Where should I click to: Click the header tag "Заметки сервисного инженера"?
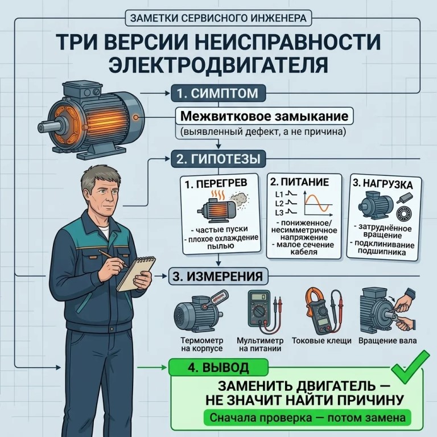218,18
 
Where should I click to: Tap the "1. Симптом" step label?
218,93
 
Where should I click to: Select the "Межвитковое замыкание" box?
264,116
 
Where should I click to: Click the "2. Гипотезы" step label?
218,159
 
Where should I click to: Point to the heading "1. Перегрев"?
216,183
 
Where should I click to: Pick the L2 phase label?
279,204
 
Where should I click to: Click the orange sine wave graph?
318,203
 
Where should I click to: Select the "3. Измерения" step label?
218,276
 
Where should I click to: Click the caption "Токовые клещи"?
321,341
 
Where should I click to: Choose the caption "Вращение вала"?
387,341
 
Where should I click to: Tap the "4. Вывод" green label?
218,368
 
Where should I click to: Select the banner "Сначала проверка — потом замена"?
307,418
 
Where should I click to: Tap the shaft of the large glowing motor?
47,127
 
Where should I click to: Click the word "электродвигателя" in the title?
218,65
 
